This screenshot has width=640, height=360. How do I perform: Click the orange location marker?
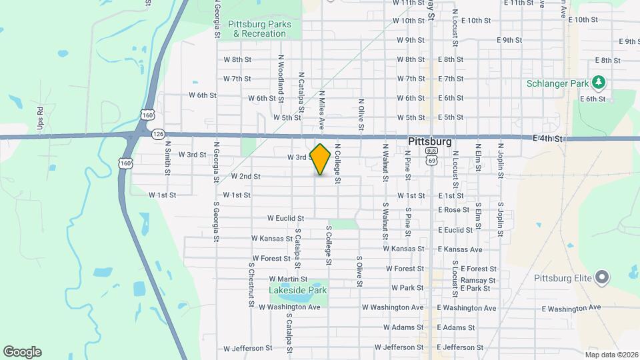(321, 159)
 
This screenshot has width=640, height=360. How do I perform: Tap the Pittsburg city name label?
(429, 142)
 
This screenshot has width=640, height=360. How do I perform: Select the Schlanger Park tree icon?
(599, 81)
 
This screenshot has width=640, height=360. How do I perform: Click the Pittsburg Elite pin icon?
(602, 276)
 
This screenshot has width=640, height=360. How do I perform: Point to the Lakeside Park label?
(298, 290)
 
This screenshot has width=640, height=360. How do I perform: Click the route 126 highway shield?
(158, 134)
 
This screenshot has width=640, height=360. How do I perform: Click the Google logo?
(22, 352)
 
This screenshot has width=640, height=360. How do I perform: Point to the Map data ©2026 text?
(610, 355)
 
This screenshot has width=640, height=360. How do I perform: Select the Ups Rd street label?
(41, 118)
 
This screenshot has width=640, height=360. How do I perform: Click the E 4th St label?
(549, 139)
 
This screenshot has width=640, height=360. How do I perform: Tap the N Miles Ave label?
(321, 110)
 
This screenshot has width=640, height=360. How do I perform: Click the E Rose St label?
(454, 210)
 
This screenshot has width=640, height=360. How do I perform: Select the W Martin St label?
(288, 279)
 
